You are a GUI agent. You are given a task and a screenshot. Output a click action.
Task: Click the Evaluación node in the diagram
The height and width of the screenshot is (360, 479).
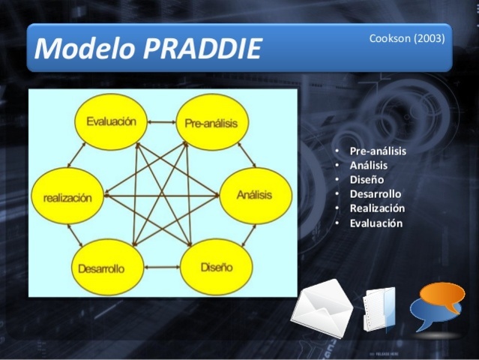111,121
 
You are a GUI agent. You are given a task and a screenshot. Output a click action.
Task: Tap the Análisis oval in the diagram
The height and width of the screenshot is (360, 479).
254,195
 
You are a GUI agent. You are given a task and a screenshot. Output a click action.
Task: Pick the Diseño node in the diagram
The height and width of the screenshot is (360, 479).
216,267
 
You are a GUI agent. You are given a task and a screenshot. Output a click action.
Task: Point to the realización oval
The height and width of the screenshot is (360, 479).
67,197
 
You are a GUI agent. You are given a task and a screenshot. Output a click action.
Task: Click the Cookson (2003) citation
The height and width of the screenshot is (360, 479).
406,38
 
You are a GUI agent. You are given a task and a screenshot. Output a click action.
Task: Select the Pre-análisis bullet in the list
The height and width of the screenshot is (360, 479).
378,151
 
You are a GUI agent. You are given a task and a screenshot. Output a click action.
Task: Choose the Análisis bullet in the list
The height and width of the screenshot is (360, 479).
368,165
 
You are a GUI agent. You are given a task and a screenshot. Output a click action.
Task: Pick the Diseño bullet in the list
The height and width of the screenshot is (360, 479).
367,179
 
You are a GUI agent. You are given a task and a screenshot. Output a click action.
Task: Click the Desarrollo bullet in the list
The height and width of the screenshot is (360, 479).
375,193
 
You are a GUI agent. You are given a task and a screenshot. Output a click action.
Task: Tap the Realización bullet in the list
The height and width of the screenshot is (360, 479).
377,208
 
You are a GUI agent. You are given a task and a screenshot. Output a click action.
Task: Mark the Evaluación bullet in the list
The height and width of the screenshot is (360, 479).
376,223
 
